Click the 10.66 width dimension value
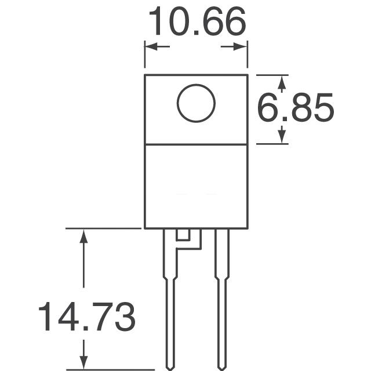tap(197, 23)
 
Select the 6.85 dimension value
tap(296, 108)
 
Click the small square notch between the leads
tap(183, 235)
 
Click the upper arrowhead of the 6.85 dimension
tap(282, 82)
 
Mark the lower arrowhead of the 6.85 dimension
tap(282, 137)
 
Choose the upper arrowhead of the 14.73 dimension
tap(85, 235)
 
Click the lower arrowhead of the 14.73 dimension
tap(85, 362)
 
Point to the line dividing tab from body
tap(196, 144)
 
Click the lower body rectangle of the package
tap(196, 185)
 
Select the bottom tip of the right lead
tap(222, 366)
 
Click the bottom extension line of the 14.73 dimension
tap(110, 369)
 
